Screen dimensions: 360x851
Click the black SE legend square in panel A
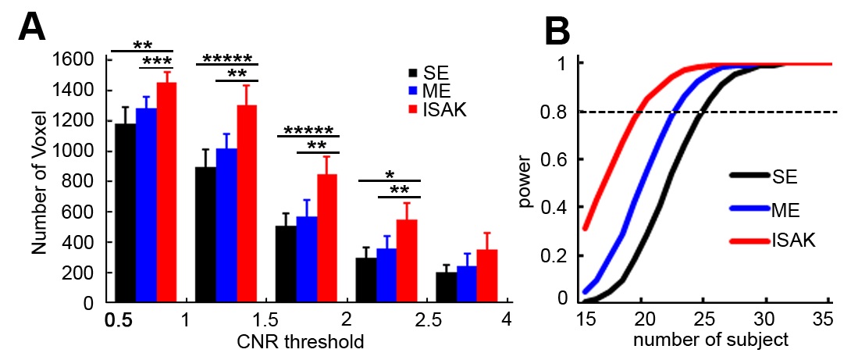[x=412, y=73]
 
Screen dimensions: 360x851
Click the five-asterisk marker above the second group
[x=227, y=58]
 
